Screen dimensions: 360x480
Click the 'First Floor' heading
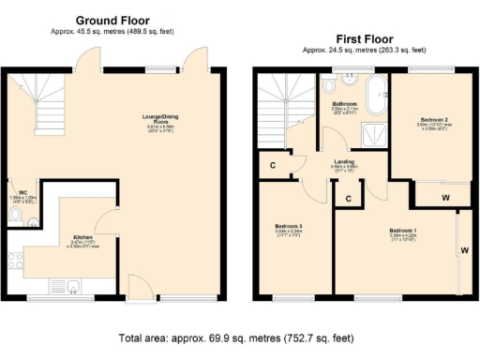352,39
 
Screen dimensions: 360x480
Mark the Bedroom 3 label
289,227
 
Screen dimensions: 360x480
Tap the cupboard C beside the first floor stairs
271,166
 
